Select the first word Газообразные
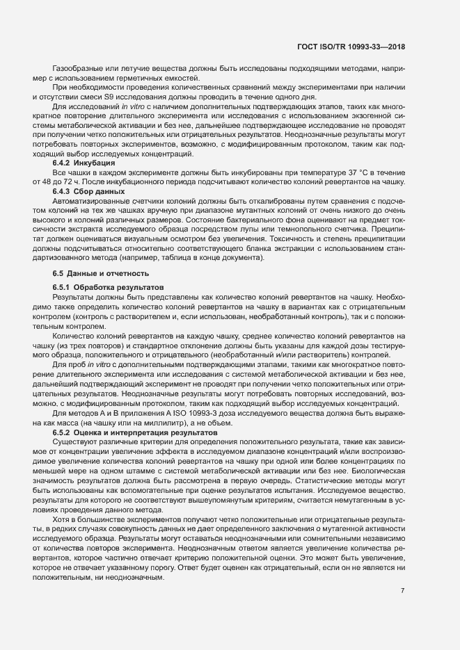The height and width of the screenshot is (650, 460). (78, 68)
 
